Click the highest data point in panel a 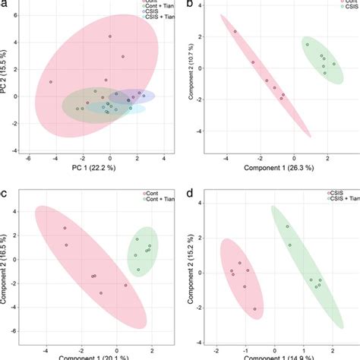tap(109, 36)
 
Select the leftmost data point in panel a tap(51, 82)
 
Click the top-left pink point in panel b tap(235, 32)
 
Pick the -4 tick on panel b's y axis tap(200, 131)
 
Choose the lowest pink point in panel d tap(254, 309)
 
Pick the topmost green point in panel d tap(287, 226)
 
